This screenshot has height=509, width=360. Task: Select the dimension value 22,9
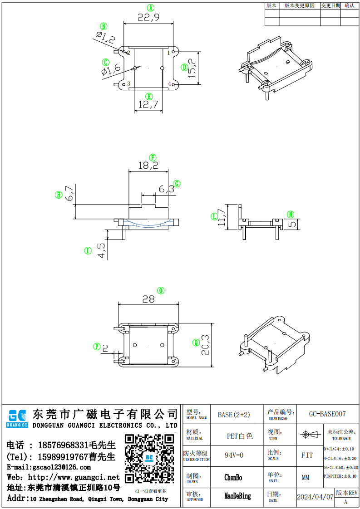tap(148, 17)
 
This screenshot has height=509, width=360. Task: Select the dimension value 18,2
tap(148, 166)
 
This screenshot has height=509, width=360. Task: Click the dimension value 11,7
tap(221, 217)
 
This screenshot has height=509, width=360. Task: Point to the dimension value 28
tap(148, 299)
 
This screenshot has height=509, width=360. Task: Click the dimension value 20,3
tap(205, 345)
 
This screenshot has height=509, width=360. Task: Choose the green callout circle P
tap(97, 347)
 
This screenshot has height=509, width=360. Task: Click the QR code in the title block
tap(149, 459)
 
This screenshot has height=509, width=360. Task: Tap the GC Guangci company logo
tap(17, 417)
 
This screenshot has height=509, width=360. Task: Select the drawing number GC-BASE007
tap(327, 414)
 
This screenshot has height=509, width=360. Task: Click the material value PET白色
tap(240, 436)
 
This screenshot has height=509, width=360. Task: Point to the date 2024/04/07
tap(315, 497)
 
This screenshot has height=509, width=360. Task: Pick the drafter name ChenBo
tap(233, 478)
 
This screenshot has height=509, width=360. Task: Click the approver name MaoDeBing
tap(237, 496)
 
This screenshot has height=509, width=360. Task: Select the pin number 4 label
tap(170, 84)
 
